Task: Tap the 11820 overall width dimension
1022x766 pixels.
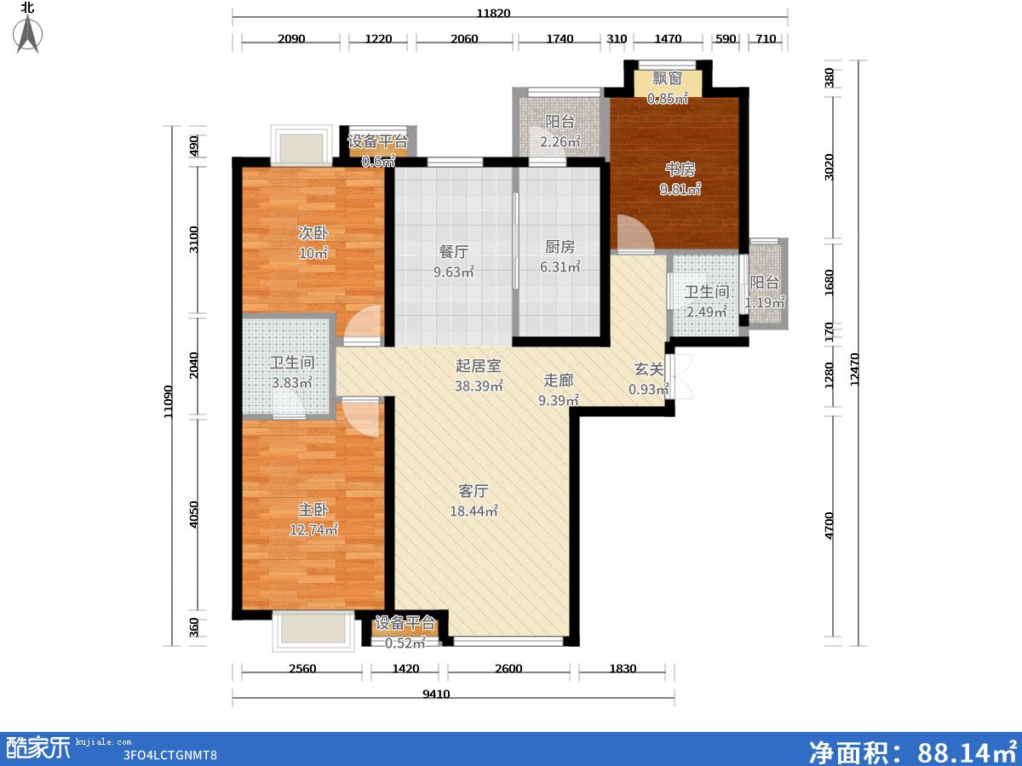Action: point(493,13)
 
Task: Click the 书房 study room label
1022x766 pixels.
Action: point(680,169)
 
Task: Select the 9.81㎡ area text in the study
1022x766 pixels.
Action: point(680,189)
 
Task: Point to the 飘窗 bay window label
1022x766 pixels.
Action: point(667,78)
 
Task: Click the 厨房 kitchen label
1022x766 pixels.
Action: point(560,247)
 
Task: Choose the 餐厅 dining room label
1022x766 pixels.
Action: point(453,252)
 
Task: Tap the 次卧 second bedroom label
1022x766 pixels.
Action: point(313,233)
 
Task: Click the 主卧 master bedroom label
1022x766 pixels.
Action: point(313,510)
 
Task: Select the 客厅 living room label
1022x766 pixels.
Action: point(473,491)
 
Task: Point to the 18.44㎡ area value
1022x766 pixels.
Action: point(474,512)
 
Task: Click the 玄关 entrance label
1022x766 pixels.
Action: point(649,369)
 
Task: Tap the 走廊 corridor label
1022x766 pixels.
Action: point(558,380)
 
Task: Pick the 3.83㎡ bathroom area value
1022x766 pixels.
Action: point(292,383)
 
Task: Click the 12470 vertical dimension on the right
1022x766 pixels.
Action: point(854,369)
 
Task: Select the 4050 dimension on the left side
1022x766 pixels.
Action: point(193,514)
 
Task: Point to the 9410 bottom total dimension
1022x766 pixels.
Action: point(436,694)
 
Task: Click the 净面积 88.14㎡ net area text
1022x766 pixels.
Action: point(913,751)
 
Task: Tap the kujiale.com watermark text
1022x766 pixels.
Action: point(103,742)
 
